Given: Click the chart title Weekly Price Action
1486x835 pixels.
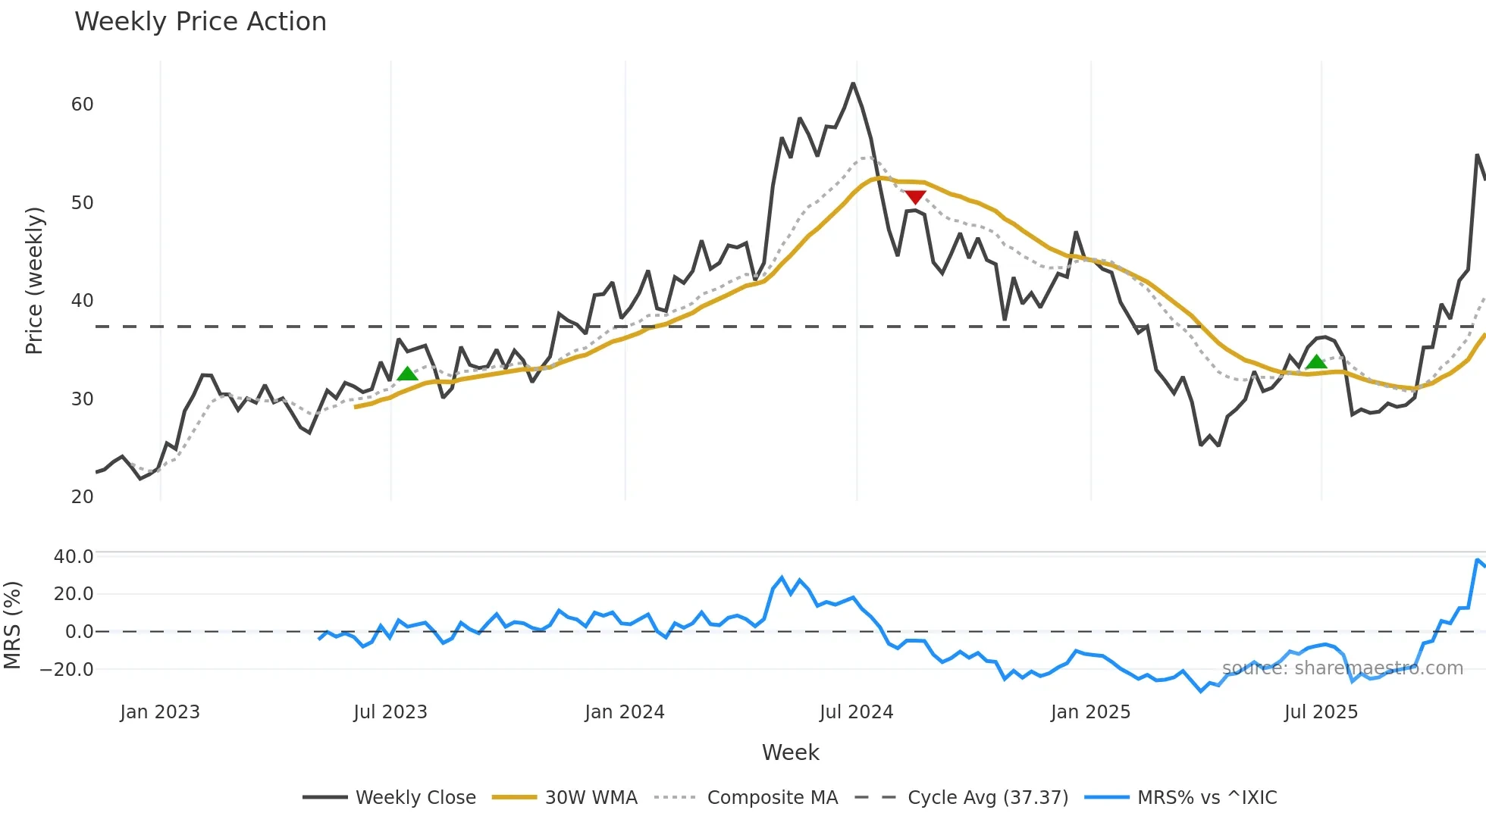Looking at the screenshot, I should coord(200,22).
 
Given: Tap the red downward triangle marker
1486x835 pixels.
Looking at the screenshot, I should coord(915,197).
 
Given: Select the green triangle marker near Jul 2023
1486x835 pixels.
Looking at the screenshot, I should coord(408,374).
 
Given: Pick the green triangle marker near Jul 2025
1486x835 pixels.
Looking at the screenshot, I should coord(1316,362).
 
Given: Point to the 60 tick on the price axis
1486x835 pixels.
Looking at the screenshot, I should coord(83,105).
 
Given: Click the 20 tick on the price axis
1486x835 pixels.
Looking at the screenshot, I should coord(83,497).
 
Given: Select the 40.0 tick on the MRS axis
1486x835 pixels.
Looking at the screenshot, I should coord(74,557).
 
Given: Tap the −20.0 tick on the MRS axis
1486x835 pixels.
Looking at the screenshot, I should coord(67,670).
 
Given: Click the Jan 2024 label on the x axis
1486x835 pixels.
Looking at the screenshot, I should coord(624,712).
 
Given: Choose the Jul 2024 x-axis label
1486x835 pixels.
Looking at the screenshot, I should coord(856,712).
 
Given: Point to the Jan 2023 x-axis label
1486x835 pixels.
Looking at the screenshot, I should coord(160,712).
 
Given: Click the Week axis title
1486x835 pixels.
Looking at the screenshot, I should coord(790,752).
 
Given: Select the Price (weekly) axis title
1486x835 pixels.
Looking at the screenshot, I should coord(35,280).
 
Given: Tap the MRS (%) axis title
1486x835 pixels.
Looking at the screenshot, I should coord(12,625).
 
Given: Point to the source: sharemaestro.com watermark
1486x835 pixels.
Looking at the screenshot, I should coord(1342,668).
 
